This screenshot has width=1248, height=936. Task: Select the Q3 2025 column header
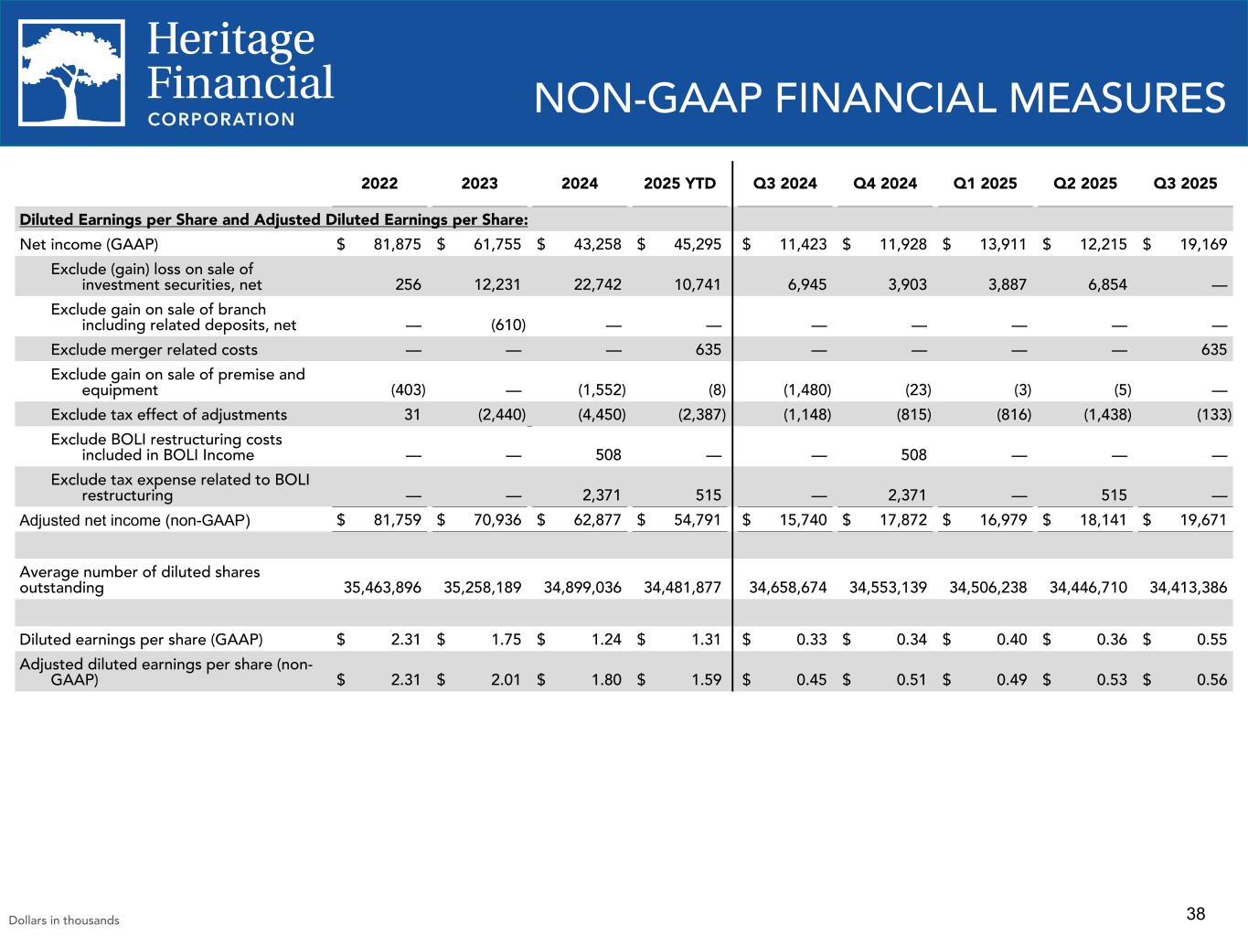click(1185, 183)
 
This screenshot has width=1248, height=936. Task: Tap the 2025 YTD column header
click(679, 183)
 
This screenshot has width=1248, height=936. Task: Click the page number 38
click(1196, 913)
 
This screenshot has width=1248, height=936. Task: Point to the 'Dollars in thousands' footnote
click(64, 920)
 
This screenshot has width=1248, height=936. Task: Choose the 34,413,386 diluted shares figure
click(1188, 588)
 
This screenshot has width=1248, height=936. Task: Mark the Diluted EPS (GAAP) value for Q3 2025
click(1211, 640)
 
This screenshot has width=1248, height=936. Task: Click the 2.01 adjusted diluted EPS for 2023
click(506, 679)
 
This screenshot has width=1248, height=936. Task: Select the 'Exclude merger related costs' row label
click(154, 349)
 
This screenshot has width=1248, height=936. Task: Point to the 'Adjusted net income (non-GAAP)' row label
click(134, 520)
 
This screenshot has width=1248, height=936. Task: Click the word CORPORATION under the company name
click(221, 119)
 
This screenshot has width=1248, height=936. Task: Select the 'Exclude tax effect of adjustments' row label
click(168, 414)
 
